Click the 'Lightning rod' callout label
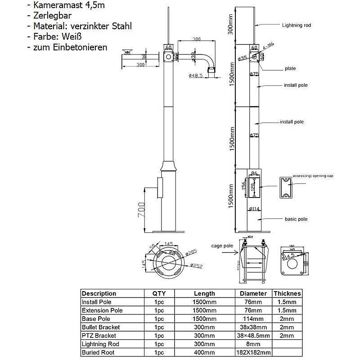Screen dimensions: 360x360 pos(296,26)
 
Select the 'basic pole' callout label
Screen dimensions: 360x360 pos(296,219)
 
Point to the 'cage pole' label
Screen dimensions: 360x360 pos(222,246)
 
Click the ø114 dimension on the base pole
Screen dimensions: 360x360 pos(254,209)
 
